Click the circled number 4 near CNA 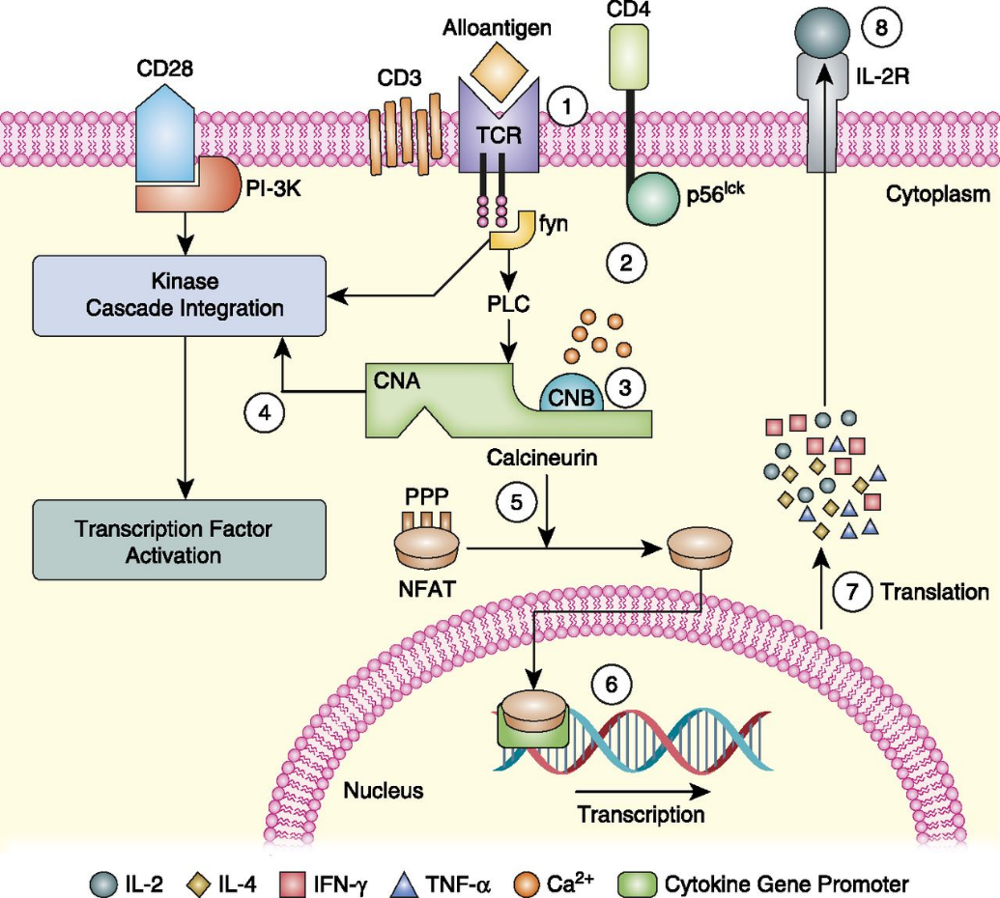point(263,411)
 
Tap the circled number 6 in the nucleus point(610,686)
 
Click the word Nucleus point(384,791)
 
